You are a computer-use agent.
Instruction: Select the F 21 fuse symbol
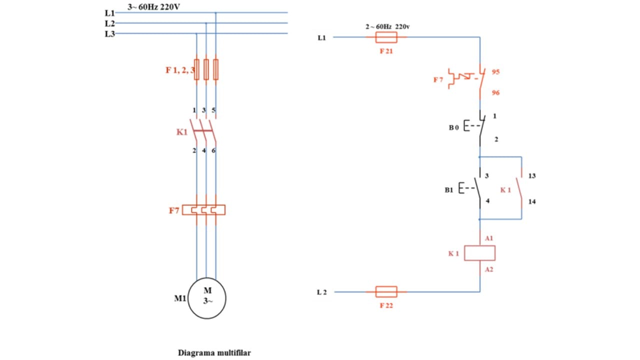point(385,37)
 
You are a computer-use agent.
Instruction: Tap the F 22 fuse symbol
point(385,291)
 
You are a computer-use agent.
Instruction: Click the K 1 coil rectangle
point(479,253)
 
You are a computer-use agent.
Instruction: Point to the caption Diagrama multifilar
point(214,352)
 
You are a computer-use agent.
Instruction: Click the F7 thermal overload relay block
point(203,209)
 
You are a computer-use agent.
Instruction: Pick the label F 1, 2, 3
point(180,70)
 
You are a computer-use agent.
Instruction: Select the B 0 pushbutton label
point(453,127)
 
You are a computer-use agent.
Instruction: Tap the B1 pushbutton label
point(449,190)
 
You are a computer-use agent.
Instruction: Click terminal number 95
point(495,72)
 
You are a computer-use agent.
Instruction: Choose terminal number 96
point(495,93)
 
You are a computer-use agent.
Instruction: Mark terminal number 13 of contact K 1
point(532,176)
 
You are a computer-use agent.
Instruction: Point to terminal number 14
point(532,201)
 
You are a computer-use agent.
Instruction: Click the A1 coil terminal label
point(489,238)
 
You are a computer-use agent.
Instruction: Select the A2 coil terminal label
point(489,269)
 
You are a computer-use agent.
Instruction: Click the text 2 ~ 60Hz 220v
point(391,26)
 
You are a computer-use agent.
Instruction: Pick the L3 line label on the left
point(109,34)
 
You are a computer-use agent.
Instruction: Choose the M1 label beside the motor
point(180,299)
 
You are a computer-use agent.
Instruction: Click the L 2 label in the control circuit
point(321,292)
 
